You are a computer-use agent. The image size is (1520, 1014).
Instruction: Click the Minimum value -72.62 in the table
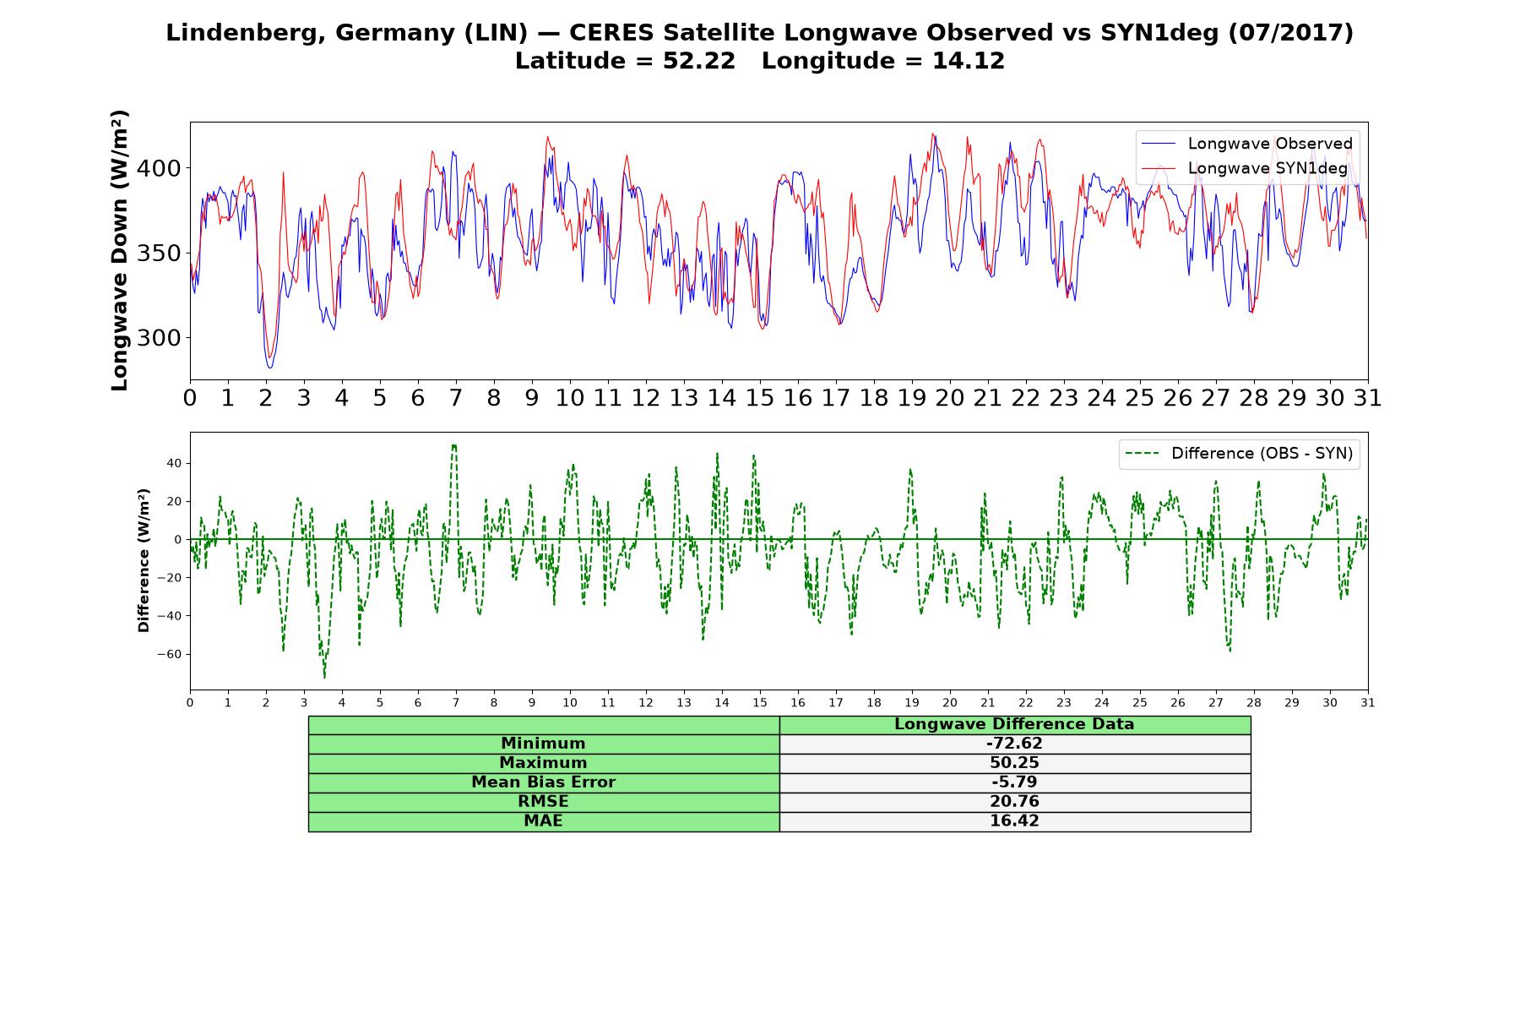pos(1014,744)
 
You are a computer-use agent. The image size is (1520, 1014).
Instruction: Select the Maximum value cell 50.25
pos(1014,763)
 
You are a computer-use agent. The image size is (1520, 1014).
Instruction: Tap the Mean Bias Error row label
pos(543,782)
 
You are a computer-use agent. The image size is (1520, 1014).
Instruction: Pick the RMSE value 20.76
pos(1014,802)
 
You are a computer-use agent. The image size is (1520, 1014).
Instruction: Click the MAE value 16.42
pos(1014,821)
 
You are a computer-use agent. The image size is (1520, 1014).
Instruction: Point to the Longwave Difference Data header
pos(1014,724)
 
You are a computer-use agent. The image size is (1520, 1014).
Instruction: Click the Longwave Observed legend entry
pos(1247,144)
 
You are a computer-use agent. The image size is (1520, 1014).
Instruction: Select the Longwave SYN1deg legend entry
pos(1245,168)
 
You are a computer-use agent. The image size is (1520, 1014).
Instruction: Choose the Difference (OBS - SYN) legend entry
pos(1240,454)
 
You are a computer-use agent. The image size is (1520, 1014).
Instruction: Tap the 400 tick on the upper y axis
pos(158,168)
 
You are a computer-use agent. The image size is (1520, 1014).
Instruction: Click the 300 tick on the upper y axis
pos(158,338)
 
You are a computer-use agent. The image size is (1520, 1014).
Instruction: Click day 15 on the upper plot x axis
pos(760,398)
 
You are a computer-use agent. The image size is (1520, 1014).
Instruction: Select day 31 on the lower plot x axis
pos(1368,702)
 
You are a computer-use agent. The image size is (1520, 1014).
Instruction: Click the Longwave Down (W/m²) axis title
pos(120,250)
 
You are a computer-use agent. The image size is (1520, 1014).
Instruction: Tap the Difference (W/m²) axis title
pos(144,560)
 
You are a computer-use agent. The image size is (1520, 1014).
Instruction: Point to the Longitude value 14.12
pos(969,61)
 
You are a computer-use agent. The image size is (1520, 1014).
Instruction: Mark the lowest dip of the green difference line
pos(324,678)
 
